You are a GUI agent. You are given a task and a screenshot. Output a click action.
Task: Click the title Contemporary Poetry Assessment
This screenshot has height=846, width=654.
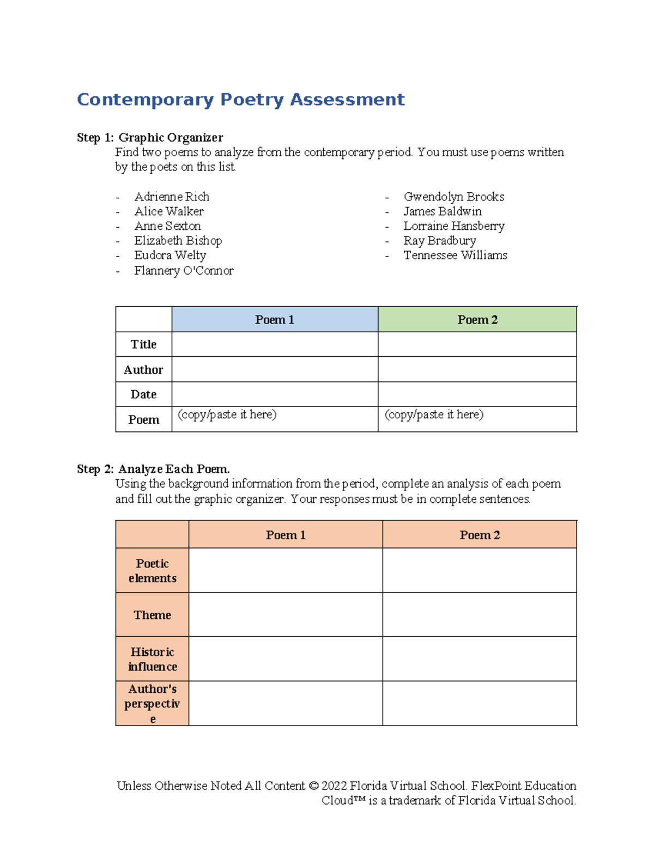(x=240, y=100)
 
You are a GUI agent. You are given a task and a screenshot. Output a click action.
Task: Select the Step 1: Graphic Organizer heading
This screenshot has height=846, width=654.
(x=150, y=137)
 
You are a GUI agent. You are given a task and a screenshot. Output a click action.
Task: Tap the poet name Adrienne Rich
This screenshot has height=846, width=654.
(x=172, y=197)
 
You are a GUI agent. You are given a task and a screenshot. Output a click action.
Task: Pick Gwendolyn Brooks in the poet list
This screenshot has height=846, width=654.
(x=453, y=197)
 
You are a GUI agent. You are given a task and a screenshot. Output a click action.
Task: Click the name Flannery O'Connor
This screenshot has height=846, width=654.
(x=184, y=270)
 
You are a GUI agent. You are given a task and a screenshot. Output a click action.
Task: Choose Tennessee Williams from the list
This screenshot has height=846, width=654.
(x=455, y=255)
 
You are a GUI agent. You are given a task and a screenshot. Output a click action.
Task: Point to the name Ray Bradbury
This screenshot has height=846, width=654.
(x=439, y=241)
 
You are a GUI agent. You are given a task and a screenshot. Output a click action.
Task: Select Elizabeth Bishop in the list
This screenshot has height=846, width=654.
(x=178, y=241)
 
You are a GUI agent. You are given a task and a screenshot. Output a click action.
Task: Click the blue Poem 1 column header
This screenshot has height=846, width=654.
(x=275, y=320)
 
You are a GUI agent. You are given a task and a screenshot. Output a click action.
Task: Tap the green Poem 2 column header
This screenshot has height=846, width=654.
(x=477, y=320)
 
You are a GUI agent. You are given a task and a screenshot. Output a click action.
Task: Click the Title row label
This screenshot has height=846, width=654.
(x=143, y=344)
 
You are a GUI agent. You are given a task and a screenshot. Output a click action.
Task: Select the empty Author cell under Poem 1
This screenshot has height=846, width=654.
(x=275, y=369)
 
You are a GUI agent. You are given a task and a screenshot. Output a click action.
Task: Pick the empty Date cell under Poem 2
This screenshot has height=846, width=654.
(x=477, y=394)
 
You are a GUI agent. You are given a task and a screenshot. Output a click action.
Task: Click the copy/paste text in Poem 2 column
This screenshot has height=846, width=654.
(x=434, y=415)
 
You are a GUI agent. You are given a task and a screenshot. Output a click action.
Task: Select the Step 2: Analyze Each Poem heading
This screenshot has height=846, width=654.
(x=153, y=469)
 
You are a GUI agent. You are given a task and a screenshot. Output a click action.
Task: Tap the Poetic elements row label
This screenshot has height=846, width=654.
(x=152, y=570)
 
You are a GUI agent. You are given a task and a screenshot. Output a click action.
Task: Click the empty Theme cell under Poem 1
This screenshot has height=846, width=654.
(x=286, y=614)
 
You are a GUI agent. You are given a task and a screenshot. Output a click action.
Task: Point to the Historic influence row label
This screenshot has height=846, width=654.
(x=152, y=659)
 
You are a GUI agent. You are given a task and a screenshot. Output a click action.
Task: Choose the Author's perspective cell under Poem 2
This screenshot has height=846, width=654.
(x=480, y=703)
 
